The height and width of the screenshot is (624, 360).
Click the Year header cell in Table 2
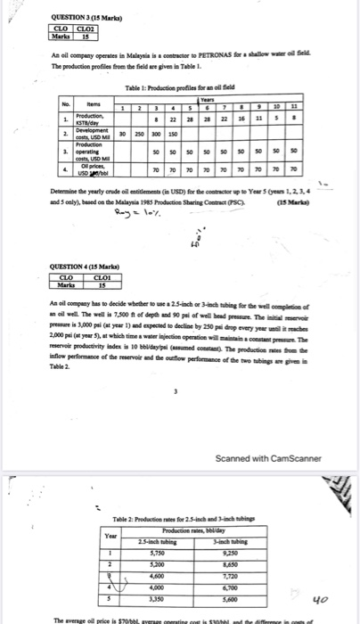point(110,535)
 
